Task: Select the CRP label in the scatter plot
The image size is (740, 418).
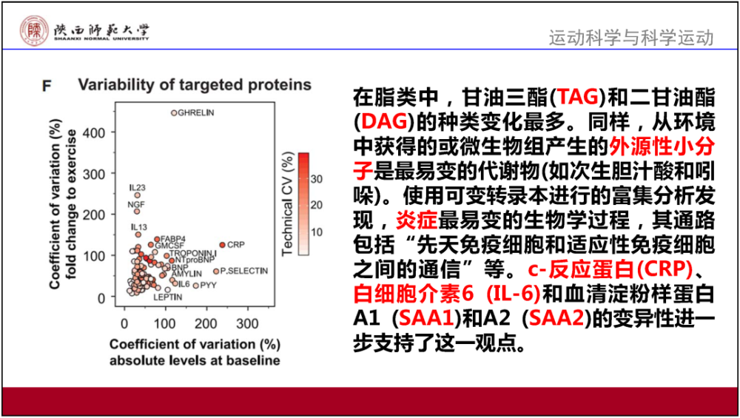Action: [x=235, y=244]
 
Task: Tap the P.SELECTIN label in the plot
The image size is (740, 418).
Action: [x=243, y=272]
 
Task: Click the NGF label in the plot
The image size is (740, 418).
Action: [x=135, y=203]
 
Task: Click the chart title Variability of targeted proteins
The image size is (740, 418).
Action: [x=195, y=84]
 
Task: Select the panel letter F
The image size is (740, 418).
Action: [x=46, y=87]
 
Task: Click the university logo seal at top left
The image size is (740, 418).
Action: [x=33, y=30]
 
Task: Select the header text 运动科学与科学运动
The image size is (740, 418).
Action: [x=630, y=37]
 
